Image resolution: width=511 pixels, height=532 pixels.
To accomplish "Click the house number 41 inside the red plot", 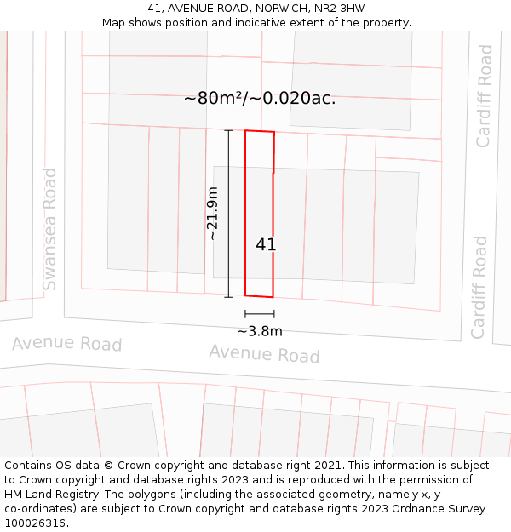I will (x=266, y=245).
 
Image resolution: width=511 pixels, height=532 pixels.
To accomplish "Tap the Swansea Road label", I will (x=50, y=229).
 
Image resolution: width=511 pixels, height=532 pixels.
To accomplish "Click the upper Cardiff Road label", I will (x=484, y=96).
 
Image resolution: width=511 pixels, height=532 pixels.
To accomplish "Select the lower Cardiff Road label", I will (x=479, y=287).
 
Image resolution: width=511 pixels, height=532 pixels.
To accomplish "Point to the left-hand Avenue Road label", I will (x=66, y=343).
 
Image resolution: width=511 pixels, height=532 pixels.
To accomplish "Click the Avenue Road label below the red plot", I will (x=264, y=353).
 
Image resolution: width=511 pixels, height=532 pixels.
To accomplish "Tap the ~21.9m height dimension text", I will (x=213, y=214).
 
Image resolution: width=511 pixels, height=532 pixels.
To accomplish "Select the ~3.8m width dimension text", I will (x=260, y=331).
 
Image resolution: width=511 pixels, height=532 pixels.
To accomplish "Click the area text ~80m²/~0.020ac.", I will (x=260, y=99).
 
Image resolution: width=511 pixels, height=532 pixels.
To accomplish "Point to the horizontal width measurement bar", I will (x=259, y=314).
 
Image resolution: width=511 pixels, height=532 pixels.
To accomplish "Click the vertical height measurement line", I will (x=228, y=214).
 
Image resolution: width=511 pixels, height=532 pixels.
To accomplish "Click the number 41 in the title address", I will (x=153, y=9).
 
